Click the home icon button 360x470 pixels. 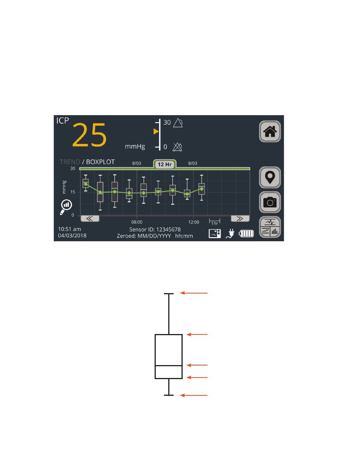[270, 131]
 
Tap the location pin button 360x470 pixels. [270, 177]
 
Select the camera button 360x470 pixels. [270, 202]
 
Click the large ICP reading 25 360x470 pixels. [89, 136]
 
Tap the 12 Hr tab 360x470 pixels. [165, 164]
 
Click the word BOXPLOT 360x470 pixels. [100, 162]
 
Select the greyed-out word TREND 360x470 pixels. [70, 162]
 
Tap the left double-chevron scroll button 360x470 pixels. [90, 219]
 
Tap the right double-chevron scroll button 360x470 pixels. [240, 219]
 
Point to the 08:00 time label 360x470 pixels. [137, 222]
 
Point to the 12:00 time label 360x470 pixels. [194, 222]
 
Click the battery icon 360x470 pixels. [246, 234]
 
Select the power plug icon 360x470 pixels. [230, 234]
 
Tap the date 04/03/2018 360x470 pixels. [72, 236]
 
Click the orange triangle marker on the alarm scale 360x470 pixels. [156, 131]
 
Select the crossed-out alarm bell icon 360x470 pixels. [177, 147]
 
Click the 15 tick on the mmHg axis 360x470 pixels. [72, 192]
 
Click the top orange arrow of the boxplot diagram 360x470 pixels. [194, 293]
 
